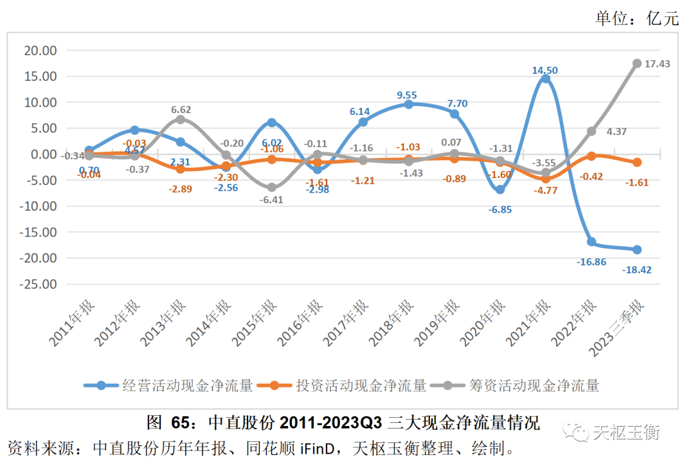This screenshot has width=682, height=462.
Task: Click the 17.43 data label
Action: click(x=656, y=64)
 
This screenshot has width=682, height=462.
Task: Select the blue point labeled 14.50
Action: click(x=545, y=79)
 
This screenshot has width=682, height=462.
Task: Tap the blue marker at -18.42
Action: click(x=637, y=249)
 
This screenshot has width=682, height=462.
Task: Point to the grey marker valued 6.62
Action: click(x=181, y=119)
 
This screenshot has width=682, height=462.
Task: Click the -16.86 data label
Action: click(x=591, y=262)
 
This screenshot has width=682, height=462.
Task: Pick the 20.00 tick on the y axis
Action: click(x=40, y=50)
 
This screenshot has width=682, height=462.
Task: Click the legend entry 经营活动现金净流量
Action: click(x=188, y=385)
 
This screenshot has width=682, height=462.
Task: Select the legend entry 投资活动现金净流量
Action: click(x=361, y=385)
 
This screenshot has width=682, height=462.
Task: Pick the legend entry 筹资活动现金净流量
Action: click(x=534, y=385)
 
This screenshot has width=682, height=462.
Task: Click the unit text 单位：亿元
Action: click(x=636, y=19)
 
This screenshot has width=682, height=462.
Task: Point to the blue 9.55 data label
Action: click(x=407, y=95)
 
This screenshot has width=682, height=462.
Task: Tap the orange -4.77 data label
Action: click(x=544, y=190)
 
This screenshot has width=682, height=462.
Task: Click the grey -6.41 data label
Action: click(x=272, y=199)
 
